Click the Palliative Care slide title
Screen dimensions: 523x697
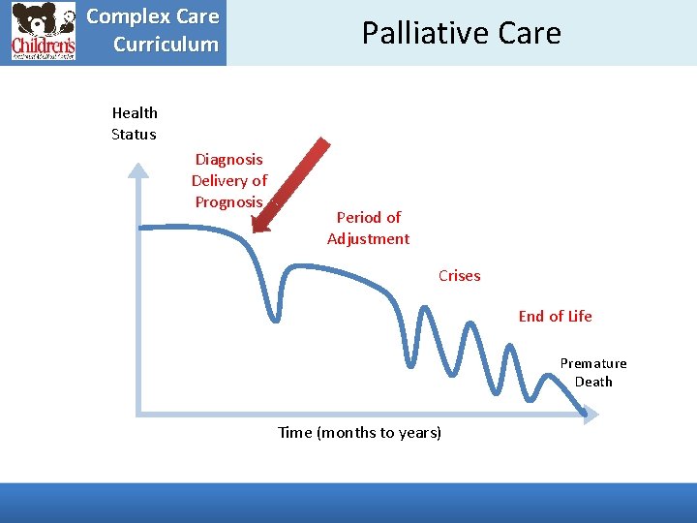[461, 33]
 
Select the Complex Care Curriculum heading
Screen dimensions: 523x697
[154, 30]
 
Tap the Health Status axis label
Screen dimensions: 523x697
[135, 124]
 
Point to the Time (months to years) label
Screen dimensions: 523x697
[359, 432]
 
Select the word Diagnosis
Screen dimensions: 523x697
[228, 159]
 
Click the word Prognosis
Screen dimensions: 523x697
[228, 201]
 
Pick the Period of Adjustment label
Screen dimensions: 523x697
[368, 228]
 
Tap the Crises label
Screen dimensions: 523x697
[459, 275]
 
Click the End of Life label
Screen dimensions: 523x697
[555, 316]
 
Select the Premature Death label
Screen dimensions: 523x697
[593, 372]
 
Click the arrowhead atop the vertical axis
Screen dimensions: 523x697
[139, 171]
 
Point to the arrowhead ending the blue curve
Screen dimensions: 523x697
[586, 415]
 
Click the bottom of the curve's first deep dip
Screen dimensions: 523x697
[276, 317]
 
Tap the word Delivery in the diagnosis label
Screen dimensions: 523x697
[228, 180]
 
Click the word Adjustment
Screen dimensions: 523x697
[368, 238]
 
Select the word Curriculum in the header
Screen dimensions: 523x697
[166, 44]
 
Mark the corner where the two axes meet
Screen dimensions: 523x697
[139, 414]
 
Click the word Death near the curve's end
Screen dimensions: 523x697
[593, 382]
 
